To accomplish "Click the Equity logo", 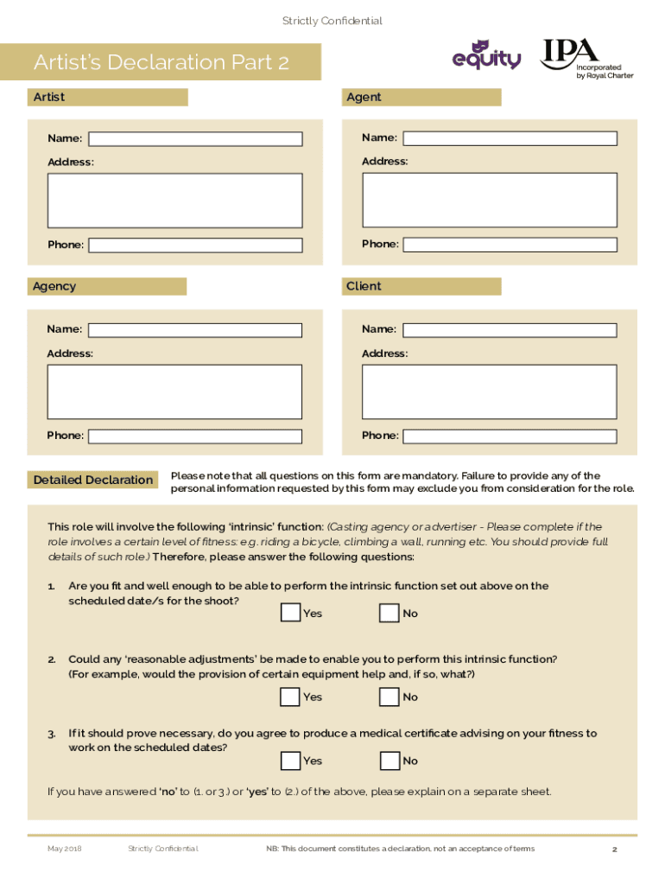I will pos(486,56).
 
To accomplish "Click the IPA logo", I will pos(586,60).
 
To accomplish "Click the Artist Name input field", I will pos(195,139).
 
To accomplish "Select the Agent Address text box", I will pos(489,200).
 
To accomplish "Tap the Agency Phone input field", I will pos(195,436).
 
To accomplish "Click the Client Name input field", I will pos(510,330).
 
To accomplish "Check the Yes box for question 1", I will pos(291,613).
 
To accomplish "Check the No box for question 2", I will pos(389,697).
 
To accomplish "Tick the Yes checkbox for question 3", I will pos(291,761).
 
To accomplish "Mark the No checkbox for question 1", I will pos(389,613).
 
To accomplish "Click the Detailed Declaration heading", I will pos(93,481).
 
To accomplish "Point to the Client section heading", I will pos(364,286).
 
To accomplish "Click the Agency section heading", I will pos(54,286).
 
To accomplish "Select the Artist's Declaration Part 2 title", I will pos(161,62).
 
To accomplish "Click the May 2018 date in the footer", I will pos(64,849).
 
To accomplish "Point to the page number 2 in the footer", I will pos(614,850).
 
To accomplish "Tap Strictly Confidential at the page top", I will pos(332,21).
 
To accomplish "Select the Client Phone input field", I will pos(510,436).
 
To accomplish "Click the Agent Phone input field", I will pos(510,245).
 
